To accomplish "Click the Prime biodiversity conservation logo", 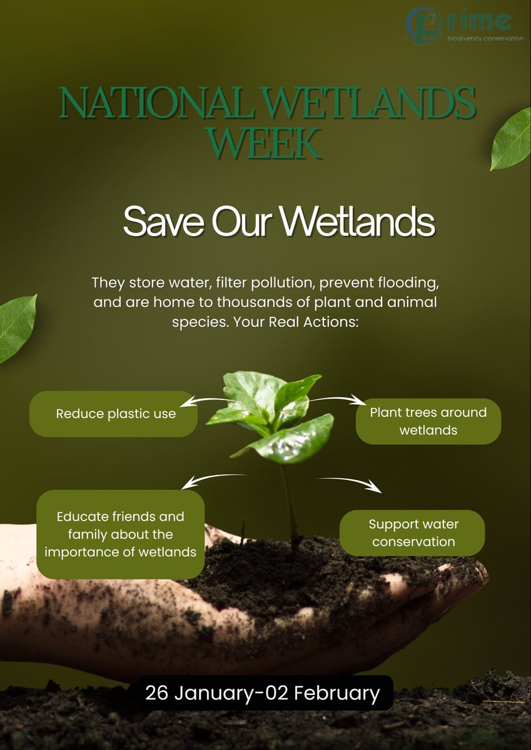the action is pyautogui.click(x=464, y=26).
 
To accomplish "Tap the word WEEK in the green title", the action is pyautogui.click(x=265, y=143).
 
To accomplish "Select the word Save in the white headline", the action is pyautogui.click(x=163, y=221).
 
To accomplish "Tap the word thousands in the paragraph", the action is pyautogui.click(x=255, y=302).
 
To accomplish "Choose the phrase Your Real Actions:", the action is pyautogui.click(x=296, y=322).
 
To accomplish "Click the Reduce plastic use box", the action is pyautogui.click(x=113, y=414).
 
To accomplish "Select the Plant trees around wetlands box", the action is pyautogui.click(x=428, y=421).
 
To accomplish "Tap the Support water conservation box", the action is pyautogui.click(x=412, y=533).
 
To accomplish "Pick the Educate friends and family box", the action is pyautogui.click(x=121, y=534).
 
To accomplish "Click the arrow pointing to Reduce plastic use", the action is pyautogui.click(x=211, y=400).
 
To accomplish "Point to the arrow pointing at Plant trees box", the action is pyautogui.click(x=335, y=399).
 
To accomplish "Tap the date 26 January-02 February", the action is pyautogui.click(x=263, y=693).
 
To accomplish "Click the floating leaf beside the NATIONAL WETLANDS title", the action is pyautogui.click(x=511, y=139).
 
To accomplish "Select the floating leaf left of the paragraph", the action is pyautogui.click(x=17, y=329).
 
